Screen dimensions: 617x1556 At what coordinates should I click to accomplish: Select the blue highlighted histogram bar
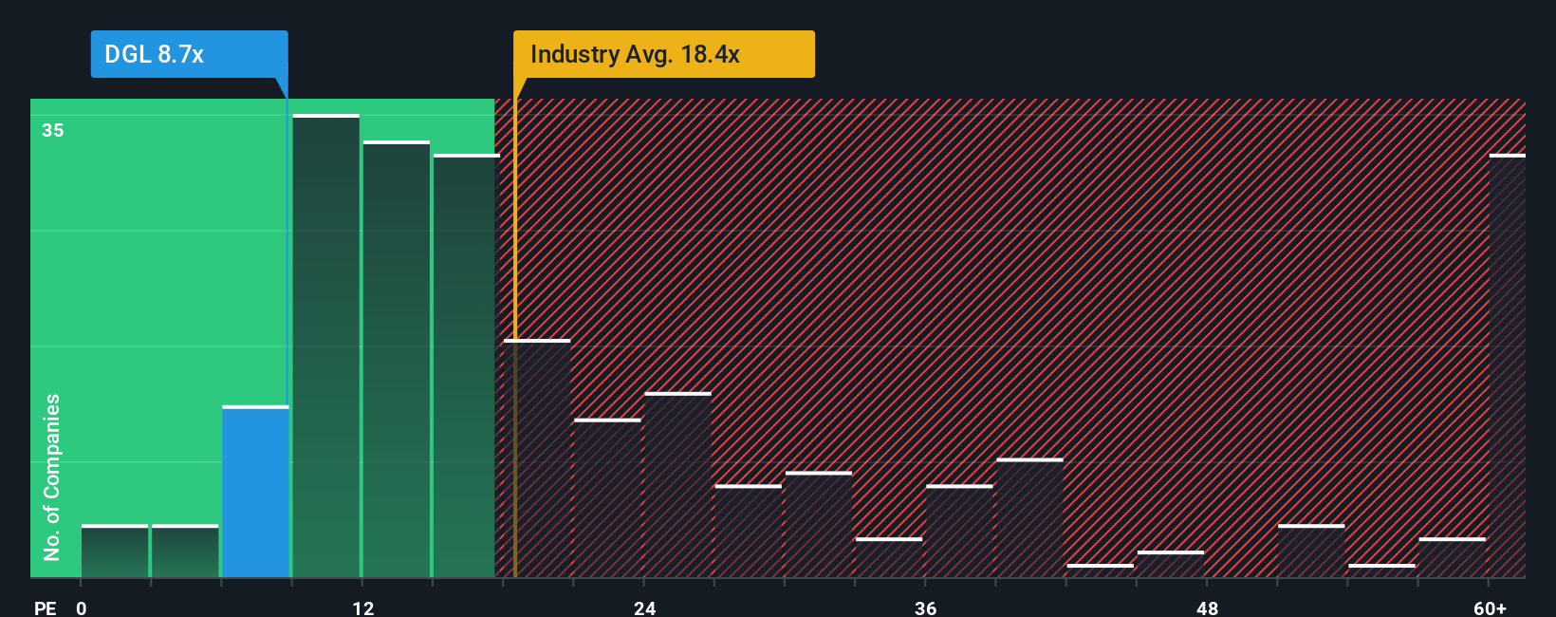(255, 492)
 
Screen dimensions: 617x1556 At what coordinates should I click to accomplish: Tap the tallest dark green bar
(326, 346)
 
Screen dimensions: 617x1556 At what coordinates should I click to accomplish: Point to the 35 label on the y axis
(53, 130)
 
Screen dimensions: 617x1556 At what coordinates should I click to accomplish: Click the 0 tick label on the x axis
(82, 608)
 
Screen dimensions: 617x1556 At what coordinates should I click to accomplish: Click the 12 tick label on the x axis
(363, 608)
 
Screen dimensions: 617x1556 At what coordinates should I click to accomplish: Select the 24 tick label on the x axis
(645, 608)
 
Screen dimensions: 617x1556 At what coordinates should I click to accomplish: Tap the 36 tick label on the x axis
(926, 608)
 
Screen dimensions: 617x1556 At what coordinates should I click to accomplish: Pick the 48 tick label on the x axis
(1207, 608)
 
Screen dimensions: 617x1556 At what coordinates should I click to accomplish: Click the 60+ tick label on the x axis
(1490, 608)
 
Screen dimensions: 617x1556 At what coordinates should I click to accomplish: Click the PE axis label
(45, 608)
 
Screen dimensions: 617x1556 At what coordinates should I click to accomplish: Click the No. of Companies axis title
(52, 477)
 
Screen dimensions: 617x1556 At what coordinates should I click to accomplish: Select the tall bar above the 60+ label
(1507, 366)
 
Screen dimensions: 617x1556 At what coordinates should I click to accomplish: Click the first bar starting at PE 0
(115, 552)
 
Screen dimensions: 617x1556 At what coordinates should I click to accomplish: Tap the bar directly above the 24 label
(677, 485)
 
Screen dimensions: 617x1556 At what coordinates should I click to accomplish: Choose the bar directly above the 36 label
(959, 532)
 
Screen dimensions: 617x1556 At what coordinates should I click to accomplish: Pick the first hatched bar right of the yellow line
(537, 458)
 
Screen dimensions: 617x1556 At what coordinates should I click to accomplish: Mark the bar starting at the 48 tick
(1171, 564)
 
